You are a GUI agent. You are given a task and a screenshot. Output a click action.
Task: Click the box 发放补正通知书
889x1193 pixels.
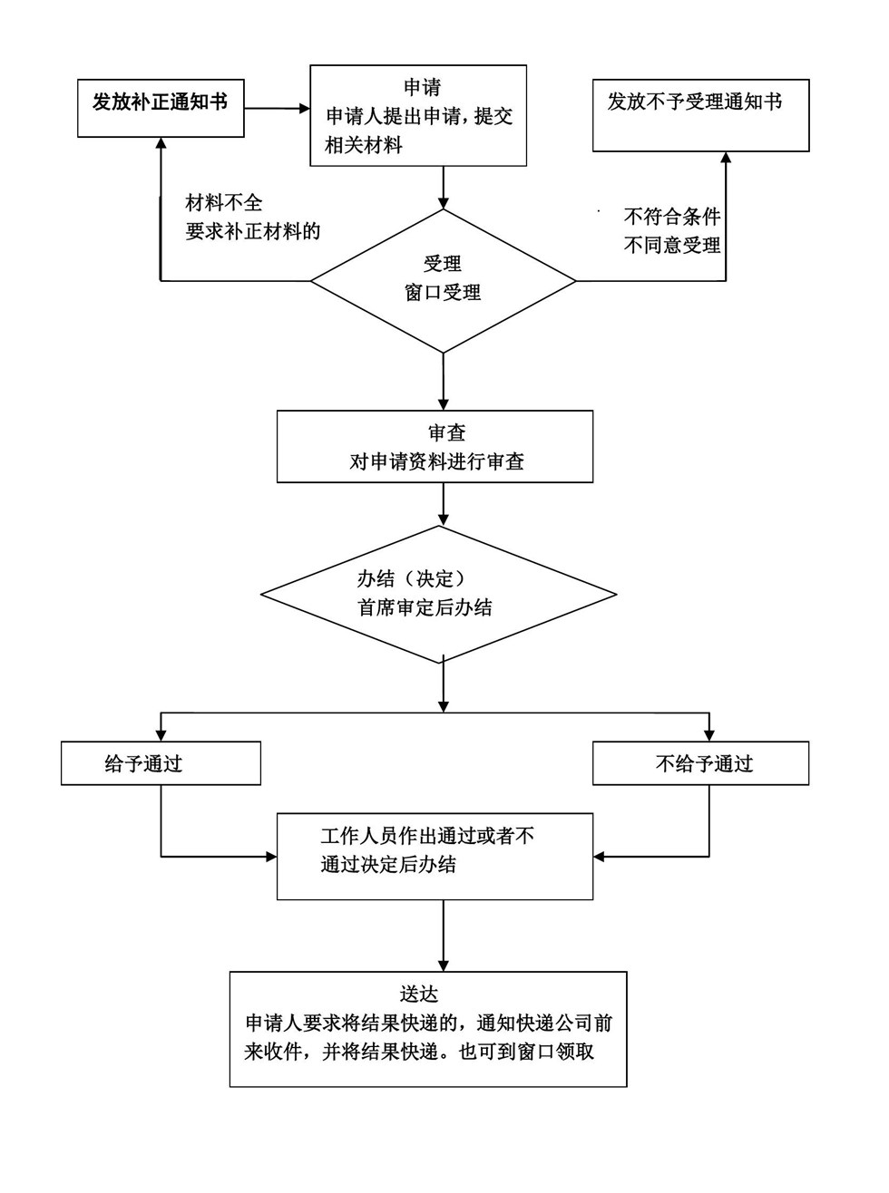pos(161,108)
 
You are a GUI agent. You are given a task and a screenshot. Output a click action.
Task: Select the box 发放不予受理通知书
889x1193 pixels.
pos(700,115)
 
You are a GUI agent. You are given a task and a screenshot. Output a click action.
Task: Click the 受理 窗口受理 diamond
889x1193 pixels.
pos(443,280)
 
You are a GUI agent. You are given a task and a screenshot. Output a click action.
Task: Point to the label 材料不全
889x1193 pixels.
pos(224,202)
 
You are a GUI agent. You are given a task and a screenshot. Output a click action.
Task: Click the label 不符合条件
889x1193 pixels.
pos(672,217)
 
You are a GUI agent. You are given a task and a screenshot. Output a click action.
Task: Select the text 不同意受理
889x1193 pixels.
pos(672,245)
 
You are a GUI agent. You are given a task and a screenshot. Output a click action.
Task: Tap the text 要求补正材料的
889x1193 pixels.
pos(253,231)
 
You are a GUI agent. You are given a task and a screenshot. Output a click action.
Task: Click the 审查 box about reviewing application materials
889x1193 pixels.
pos(435,446)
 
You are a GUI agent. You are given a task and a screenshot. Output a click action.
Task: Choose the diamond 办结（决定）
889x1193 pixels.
pos(439,594)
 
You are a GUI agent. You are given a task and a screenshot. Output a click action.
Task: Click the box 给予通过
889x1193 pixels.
pos(161,763)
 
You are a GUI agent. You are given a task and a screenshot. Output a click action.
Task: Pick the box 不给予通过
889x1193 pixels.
pos(700,763)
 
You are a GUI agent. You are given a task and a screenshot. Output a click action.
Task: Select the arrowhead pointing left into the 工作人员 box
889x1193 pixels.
pos(600,857)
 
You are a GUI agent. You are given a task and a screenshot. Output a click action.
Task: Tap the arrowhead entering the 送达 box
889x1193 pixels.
pos(443,965)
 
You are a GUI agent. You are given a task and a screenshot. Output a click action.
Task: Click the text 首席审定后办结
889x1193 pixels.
pos(425,607)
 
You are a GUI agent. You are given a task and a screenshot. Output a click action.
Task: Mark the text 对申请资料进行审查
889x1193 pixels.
pos(437,461)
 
